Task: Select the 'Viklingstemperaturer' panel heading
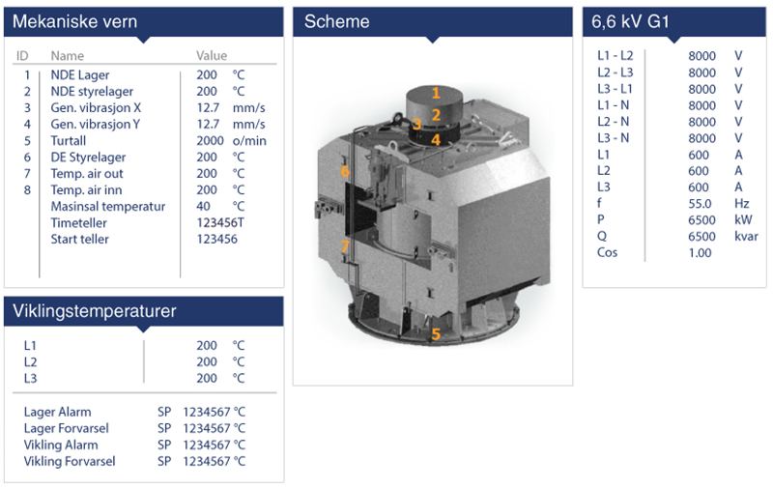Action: point(93,311)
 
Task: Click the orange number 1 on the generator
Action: point(436,93)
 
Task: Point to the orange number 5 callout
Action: point(436,334)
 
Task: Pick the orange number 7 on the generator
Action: point(344,246)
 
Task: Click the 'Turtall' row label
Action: point(68,140)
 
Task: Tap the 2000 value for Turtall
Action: point(210,140)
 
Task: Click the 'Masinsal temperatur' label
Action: point(107,206)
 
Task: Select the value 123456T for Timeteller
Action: point(220,222)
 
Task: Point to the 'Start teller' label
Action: point(79,239)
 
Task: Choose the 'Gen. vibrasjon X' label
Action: point(96,107)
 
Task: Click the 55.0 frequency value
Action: point(700,203)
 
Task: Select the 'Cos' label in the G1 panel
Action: point(609,252)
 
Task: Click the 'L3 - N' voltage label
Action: point(616,137)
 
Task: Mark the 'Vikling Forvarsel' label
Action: point(70,461)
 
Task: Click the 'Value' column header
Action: point(212,56)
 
